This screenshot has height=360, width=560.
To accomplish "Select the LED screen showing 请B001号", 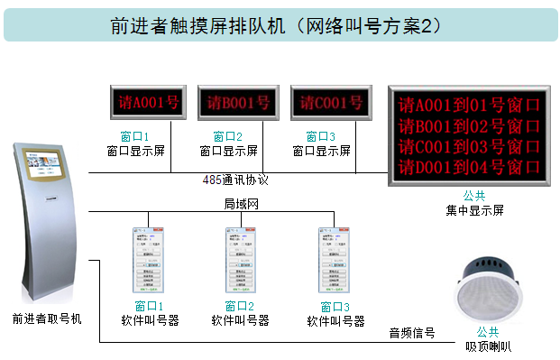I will click(234, 103).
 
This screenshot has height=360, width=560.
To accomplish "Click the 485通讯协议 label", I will click(236, 180).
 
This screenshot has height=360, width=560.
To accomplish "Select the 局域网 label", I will click(241, 205).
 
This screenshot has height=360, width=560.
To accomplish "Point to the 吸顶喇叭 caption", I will click(488, 345).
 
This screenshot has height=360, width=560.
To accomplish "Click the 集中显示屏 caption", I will click(474, 210).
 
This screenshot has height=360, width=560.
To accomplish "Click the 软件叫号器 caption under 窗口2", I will click(240, 320).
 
